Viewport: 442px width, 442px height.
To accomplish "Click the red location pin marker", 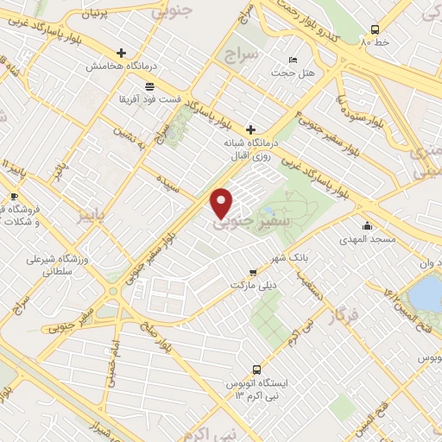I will click(x=222, y=203).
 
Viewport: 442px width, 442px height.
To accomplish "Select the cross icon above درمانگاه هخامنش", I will click(x=122, y=52).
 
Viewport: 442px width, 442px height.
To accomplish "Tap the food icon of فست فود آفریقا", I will click(x=150, y=85).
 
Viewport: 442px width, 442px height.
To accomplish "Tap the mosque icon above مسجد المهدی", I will click(x=367, y=226).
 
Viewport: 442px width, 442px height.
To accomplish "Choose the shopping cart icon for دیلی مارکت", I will click(x=252, y=270).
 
